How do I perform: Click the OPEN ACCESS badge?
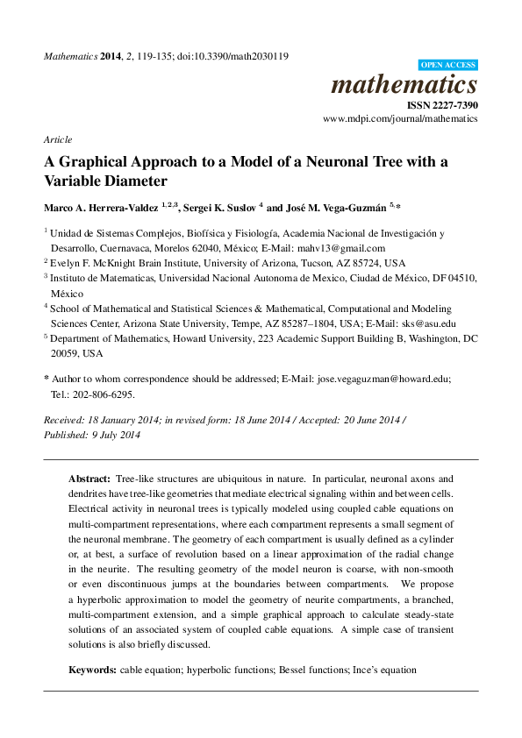pyautogui.click(x=447, y=65)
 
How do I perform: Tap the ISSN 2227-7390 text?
pyautogui.click(x=442, y=103)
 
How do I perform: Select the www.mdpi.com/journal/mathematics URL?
pyautogui.click(x=400, y=117)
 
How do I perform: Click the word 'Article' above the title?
pyautogui.click(x=57, y=139)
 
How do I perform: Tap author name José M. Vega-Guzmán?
pyautogui.click(x=334, y=207)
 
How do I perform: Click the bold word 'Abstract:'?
pyautogui.click(x=89, y=479)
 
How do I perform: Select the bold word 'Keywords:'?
pyautogui.click(x=92, y=670)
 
